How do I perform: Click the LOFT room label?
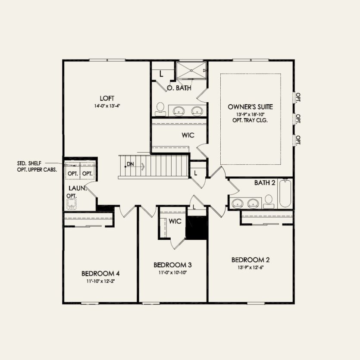click(x=107, y=98)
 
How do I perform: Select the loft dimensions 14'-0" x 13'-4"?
click(x=107, y=106)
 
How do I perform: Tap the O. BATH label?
click(x=179, y=88)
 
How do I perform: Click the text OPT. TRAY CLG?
click(x=250, y=121)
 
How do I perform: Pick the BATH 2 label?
click(x=265, y=183)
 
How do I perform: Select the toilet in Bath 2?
click(x=269, y=200)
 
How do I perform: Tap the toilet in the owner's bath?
click(x=160, y=109)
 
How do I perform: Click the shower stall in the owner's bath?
click(x=191, y=70)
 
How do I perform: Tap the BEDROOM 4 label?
click(x=100, y=273)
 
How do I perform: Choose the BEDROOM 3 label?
click(x=172, y=264)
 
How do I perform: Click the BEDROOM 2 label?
click(x=250, y=260)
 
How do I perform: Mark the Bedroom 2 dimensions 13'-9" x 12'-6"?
click(x=250, y=267)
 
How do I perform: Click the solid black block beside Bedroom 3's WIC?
click(x=197, y=227)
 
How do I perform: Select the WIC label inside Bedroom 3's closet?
click(x=175, y=221)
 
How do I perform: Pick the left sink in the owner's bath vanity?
click(x=179, y=111)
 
